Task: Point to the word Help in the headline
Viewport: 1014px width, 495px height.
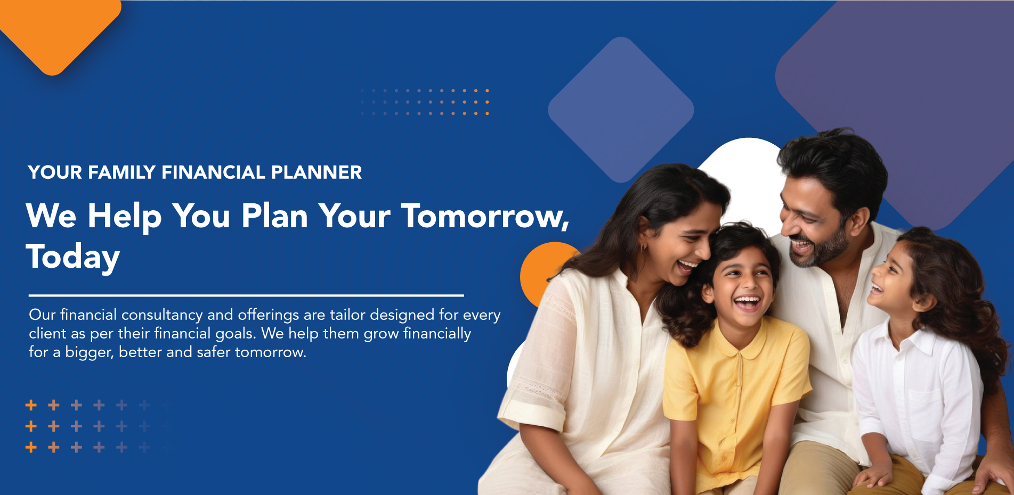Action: [125, 217]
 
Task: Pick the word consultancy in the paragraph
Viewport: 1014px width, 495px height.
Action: [162, 315]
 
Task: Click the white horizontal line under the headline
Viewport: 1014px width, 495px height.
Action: [246, 295]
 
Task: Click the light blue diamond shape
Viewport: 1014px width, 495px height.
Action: [621, 110]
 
